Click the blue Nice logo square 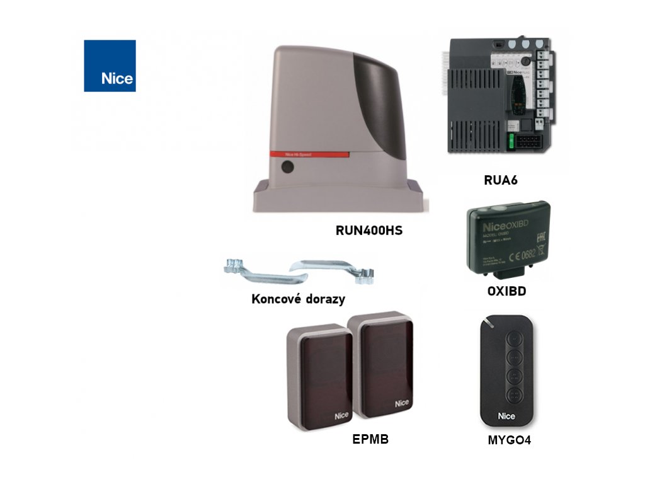[110, 66]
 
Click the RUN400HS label [369, 231]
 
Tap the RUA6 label [500, 180]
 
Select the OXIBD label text [506, 292]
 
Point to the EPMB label [370, 440]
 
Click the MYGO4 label [510, 441]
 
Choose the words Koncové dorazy [298, 299]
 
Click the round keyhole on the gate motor [288, 168]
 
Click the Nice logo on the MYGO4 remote [506, 416]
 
